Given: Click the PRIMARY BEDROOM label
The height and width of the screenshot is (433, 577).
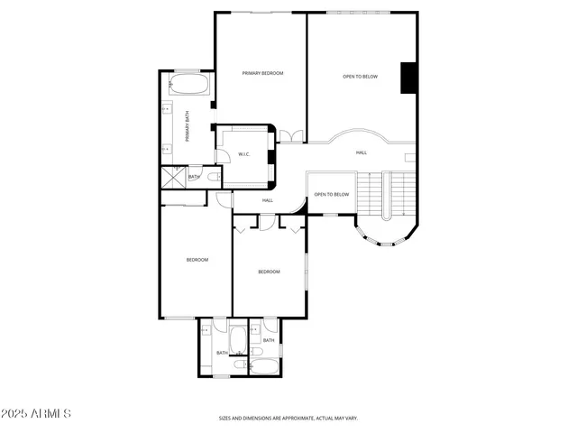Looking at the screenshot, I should click(262, 73).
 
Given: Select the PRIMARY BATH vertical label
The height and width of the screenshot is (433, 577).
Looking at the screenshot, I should click(188, 126).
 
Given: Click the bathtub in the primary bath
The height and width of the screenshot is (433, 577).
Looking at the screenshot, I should click(188, 88).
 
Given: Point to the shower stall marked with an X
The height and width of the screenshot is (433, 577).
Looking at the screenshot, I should click(171, 176).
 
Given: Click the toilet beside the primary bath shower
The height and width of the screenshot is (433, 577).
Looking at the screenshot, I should click(211, 178).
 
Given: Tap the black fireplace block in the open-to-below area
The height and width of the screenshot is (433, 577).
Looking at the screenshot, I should click(408, 77).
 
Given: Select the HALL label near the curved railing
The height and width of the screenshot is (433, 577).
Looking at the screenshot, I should click(361, 152).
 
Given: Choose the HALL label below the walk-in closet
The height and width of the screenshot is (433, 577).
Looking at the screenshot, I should click(268, 200).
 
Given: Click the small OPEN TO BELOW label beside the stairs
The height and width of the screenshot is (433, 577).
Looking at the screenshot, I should click(331, 195).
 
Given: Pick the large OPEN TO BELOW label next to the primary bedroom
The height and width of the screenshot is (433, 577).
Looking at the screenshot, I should click(360, 77).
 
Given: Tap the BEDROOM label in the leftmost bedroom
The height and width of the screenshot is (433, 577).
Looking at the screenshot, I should click(197, 260).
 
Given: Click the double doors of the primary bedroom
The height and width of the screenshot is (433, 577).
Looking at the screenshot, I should click(291, 136).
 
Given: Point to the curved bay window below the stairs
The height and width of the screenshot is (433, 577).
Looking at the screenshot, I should click(382, 238).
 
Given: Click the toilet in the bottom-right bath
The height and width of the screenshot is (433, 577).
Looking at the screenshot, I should click(257, 351).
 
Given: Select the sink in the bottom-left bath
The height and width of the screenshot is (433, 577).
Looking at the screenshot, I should click(205, 331).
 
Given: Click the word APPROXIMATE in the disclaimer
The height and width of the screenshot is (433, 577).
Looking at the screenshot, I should click(295, 419).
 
